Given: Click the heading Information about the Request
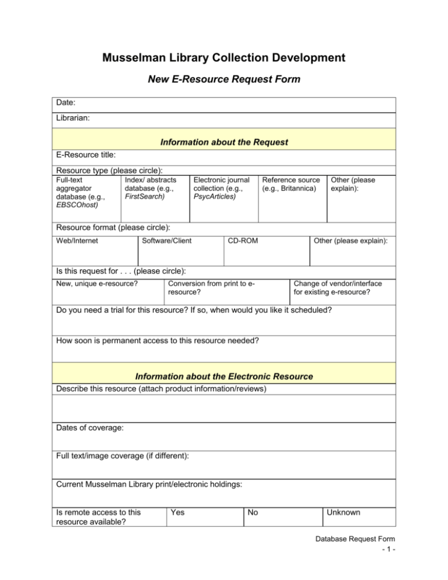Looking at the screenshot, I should coord(224,142).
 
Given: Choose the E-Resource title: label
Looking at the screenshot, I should coord(86,156).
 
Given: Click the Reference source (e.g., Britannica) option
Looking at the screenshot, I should coord(291,185).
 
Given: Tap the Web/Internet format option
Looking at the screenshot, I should coord(78,240).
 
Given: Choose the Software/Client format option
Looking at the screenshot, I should coord(167,240).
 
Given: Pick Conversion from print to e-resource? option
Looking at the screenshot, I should coord(212,287).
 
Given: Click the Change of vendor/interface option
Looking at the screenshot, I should coord(342,287).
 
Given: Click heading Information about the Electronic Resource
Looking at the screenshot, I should coord(224,377).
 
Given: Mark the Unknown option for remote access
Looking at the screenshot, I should coord(344,513).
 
